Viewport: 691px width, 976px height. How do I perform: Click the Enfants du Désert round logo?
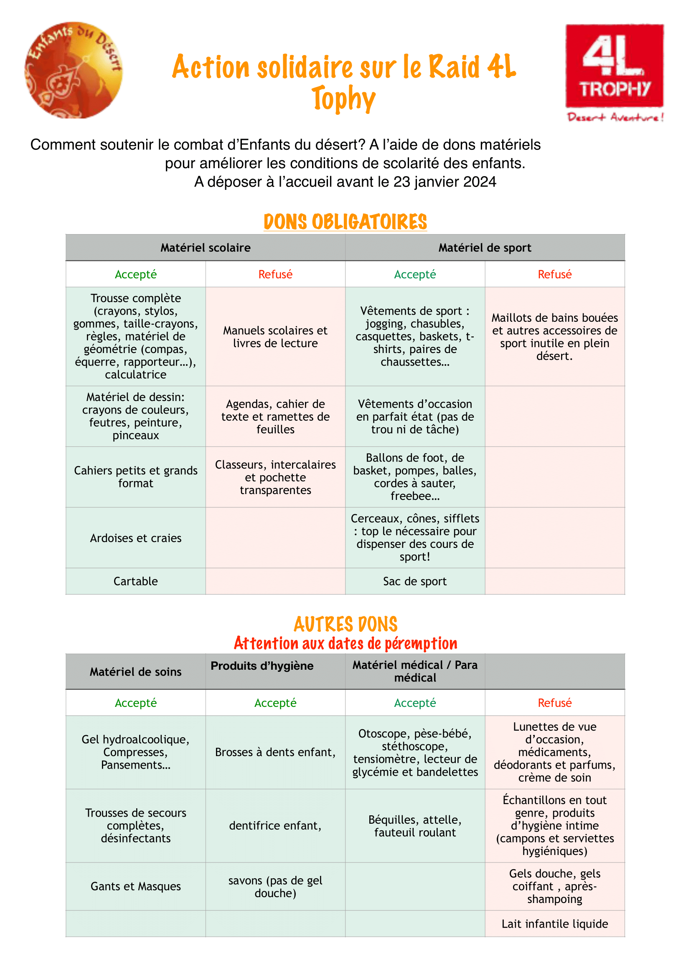click(x=74, y=70)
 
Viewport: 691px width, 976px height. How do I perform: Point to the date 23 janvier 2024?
click(x=445, y=182)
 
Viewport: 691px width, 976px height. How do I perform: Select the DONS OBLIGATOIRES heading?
click(x=345, y=222)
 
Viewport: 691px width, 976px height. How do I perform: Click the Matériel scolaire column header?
click(x=206, y=248)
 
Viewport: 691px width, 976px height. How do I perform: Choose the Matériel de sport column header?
click(x=485, y=248)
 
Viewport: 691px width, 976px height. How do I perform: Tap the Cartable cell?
click(x=135, y=581)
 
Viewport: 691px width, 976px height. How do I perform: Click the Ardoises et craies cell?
click(x=135, y=538)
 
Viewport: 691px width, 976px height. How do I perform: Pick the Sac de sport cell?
click(x=415, y=581)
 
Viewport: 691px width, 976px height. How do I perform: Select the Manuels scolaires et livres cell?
click(x=275, y=337)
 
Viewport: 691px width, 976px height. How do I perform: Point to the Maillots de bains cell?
click(x=554, y=337)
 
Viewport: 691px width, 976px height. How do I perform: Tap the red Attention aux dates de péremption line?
click(x=345, y=643)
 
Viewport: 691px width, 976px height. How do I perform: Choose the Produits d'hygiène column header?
click(x=262, y=666)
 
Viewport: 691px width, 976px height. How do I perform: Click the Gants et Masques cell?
click(x=135, y=886)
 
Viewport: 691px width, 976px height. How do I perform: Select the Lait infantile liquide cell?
click(x=554, y=924)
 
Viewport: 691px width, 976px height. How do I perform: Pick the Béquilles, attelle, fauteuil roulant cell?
click(x=415, y=826)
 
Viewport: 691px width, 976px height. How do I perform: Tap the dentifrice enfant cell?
click(x=275, y=826)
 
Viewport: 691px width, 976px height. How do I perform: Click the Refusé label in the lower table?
click(x=554, y=703)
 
